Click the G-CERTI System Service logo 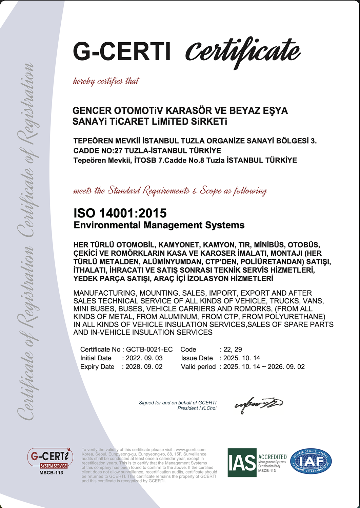click(x=50, y=459)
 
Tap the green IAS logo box click(x=242, y=462)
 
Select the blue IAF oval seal click(x=312, y=462)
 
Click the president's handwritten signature click(x=259, y=404)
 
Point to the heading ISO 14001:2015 click(x=120, y=213)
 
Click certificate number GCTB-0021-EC click(x=149, y=350)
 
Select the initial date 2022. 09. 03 click(x=144, y=358)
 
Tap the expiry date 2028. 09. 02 click(x=144, y=367)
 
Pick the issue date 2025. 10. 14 click(x=242, y=358)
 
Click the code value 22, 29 click(x=233, y=350)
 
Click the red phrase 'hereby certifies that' click(x=106, y=81)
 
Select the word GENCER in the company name click(x=92, y=111)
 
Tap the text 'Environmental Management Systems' click(x=159, y=225)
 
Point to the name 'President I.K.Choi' click(x=197, y=408)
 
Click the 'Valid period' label click(x=198, y=367)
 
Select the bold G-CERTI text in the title click(x=122, y=51)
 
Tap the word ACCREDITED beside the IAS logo click(x=273, y=457)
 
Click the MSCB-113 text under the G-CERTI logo click(x=51, y=473)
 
